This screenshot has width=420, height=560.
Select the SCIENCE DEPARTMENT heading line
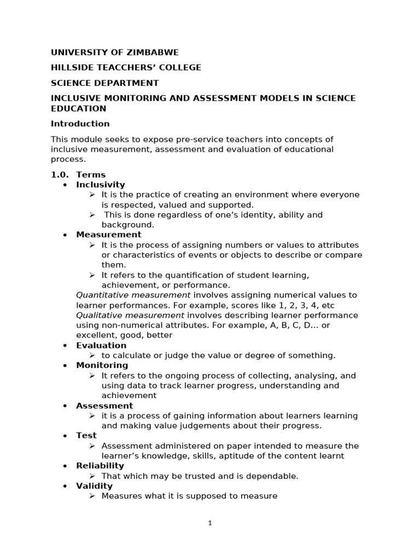click(x=104, y=83)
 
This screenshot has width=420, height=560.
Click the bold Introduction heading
click(x=80, y=124)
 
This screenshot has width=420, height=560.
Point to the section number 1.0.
click(x=59, y=175)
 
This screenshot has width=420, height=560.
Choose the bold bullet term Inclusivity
click(x=100, y=185)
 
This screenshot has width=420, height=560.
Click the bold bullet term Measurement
click(x=108, y=235)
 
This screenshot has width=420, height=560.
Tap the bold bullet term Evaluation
click(x=101, y=346)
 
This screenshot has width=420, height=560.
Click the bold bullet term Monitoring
click(x=102, y=365)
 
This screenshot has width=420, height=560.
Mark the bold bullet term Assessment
click(x=104, y=406)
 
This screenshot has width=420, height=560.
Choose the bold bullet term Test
click(x=86, y=436)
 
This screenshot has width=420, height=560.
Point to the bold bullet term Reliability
click(x=100, y=466)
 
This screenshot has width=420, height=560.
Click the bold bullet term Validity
click(x=94, y=486)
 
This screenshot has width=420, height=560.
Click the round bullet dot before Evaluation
click(x=65, y=346)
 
